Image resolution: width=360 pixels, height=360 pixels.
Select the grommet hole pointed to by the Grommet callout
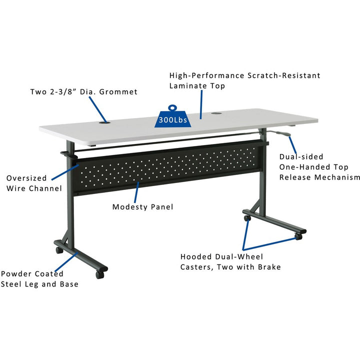[104, 122]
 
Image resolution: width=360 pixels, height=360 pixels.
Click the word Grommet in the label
[118, 92]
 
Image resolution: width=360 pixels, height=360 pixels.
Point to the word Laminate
[185, 86]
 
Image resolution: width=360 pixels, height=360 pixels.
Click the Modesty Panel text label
[143, 207]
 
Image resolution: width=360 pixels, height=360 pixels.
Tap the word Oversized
[26, 178]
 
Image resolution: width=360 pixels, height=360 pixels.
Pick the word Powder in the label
[16, 273]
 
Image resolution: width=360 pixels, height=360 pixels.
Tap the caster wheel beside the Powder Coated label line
[59, 250]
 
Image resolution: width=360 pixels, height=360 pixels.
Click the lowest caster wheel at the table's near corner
[99, 275]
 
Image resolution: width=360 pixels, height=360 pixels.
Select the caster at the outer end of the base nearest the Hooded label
[298, 236]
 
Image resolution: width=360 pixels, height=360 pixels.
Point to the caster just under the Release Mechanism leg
[247, 218]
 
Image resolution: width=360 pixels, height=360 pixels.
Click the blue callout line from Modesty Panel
[136, 192]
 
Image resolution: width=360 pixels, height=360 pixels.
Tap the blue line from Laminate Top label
[201, 104]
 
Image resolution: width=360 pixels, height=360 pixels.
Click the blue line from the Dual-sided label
[292, 145]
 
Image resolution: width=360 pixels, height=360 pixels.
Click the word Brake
[269, 267]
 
